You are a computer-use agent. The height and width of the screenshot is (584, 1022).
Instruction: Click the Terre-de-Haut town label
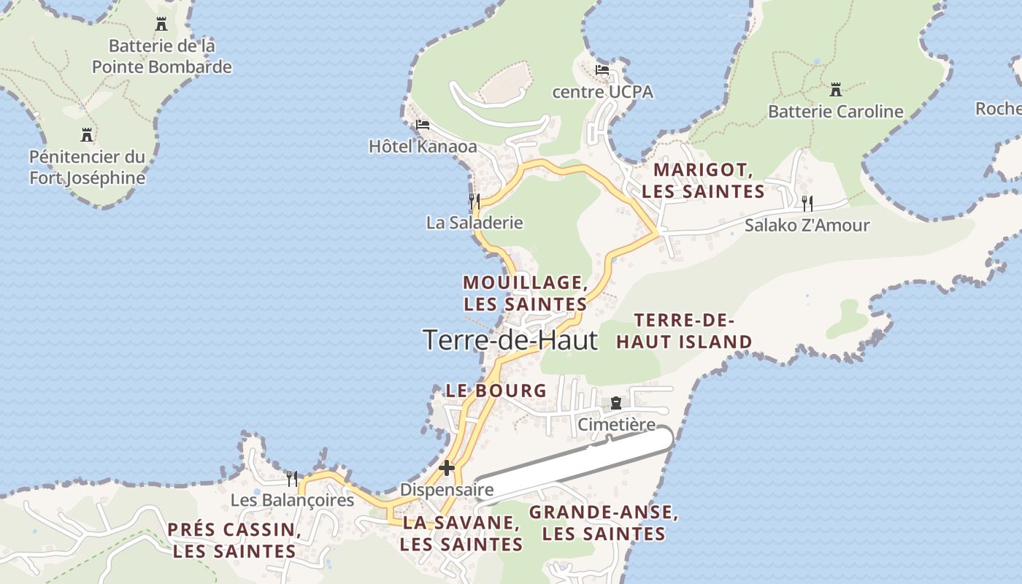point(510,340)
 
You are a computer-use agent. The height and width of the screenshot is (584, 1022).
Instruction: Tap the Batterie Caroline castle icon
point(836,91)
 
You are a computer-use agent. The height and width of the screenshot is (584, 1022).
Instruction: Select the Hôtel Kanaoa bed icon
point(422,125)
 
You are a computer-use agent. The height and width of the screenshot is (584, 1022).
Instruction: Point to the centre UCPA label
point(602,92)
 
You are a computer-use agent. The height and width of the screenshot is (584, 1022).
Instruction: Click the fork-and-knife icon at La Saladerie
point(474,201)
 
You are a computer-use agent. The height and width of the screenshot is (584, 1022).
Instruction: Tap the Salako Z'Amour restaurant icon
point(807,203)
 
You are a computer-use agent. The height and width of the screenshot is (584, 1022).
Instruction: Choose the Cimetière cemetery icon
point(616,403)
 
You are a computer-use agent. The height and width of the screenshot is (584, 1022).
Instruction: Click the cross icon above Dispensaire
point(447,468)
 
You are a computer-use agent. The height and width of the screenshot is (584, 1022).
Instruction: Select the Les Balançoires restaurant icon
point(292,479)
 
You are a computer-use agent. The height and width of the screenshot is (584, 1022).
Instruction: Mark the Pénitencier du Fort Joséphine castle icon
point(87,135)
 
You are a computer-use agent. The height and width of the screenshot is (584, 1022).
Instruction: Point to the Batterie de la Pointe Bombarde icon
point(161,24)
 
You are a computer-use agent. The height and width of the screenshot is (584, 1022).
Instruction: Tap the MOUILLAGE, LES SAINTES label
point(526,293)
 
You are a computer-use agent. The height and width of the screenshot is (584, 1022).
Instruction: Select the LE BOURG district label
point(496,391)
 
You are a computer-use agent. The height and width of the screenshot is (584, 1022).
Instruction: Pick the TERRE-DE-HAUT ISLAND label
point(684,331)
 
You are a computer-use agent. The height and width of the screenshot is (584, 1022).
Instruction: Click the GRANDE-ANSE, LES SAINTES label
point(604,523)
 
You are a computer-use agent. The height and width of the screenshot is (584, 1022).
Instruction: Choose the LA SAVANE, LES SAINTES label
point(461,534)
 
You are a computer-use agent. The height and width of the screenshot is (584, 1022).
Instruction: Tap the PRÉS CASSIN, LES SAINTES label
point(234,540)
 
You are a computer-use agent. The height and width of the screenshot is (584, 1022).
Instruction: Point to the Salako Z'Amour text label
point(807,225)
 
